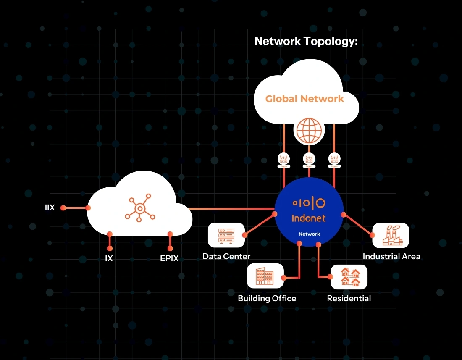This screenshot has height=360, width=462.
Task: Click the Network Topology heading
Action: coord(306,41)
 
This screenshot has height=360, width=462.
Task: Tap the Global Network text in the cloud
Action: coord(304,99)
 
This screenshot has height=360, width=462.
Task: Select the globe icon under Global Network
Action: coord(309,130)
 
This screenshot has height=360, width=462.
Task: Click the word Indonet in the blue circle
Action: coord(309,218)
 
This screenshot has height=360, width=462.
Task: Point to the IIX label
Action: coord(50,208)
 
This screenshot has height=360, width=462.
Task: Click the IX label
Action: coord(109,259)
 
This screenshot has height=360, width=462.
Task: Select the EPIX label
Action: coord(169,259)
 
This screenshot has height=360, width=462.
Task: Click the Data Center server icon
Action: coord(226,235)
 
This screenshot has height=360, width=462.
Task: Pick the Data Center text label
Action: coord(226,256)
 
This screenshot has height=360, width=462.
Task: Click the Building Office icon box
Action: coord(265,276)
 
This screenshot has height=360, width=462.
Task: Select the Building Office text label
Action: coord(267,298)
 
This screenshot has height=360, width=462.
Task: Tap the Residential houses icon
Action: coord(349,277)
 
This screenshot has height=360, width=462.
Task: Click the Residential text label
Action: coord(349,298)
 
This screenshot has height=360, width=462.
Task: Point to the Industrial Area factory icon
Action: coord(391,236)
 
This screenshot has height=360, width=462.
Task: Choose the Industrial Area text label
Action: coord(391,256)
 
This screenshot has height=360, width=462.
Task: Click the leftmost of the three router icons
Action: coord(283,160)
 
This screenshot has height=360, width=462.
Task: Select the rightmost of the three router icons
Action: coord(335,160)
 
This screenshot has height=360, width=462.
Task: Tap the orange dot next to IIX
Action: coord(63,208)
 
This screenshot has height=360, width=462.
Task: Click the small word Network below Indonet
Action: coord(309,234)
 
